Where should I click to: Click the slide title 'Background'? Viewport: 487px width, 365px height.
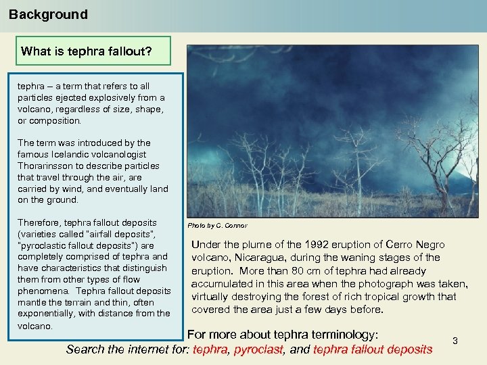tap(48, 14)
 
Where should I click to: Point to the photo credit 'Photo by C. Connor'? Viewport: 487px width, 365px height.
tap(217, 225)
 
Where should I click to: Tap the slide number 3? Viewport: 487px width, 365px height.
tap(455, 341)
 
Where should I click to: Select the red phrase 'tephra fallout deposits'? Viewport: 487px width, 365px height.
tap(373, 349)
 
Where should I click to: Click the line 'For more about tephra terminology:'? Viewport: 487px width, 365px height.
tap(282, 335)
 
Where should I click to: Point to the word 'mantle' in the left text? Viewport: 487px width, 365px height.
tap(32, 301)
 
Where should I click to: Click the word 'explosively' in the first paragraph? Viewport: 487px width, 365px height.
tap(107, 97)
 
